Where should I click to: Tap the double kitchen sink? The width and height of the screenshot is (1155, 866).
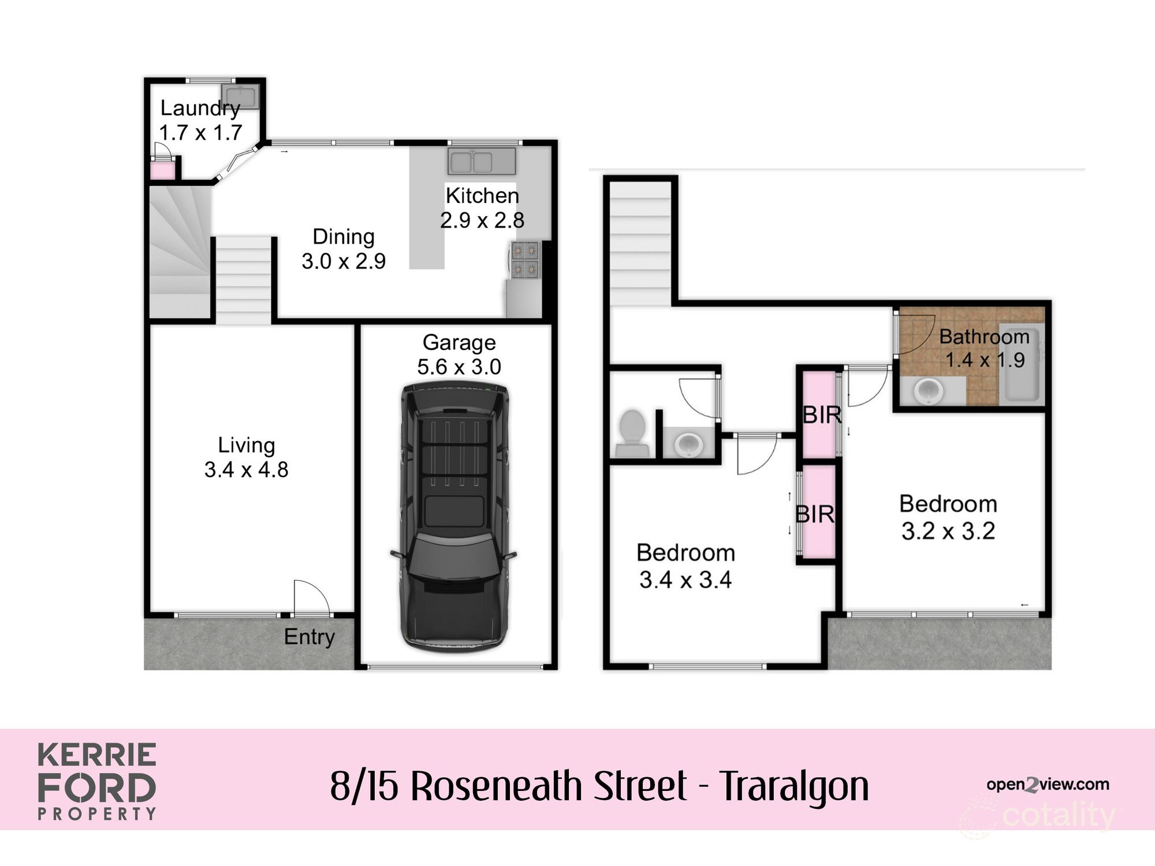click(x=481, y=161)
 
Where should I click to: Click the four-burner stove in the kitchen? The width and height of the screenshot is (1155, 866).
click(x=525, y=259)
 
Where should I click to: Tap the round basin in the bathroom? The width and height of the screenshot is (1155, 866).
click(x=930, y=391)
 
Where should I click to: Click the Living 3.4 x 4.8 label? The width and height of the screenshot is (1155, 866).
click(x=246, y=457)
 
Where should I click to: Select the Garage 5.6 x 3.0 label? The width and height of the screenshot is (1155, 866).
click(x=459, y=354)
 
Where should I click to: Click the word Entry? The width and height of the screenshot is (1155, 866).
click(x=309, y=637)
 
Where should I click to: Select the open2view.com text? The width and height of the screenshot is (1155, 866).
click(x=1047, y=784)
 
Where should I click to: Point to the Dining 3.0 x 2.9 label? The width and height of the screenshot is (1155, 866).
click(x=344, y=249)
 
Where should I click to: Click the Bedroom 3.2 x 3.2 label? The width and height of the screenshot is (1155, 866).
click(x=948, y=517)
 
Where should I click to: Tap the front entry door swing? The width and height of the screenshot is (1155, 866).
click(x=310, y=598)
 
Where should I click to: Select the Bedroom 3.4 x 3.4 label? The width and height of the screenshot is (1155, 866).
click(x=685, y=566)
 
